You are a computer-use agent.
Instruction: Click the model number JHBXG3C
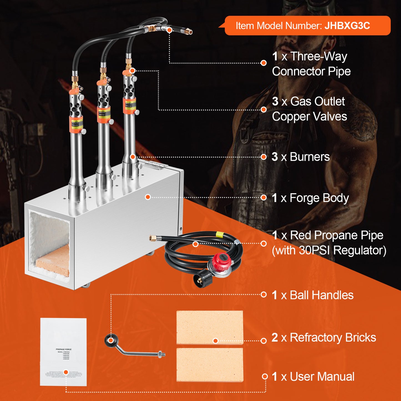pos(347,26)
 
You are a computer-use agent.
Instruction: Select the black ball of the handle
pos(110,340)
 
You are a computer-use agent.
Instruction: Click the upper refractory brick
pos(210,327)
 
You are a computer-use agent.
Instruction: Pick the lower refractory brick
pos(210,365)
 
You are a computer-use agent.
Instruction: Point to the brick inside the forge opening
pos(53,261)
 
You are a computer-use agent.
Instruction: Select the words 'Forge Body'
pos(319,198)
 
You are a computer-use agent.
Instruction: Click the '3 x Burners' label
pos(301,157)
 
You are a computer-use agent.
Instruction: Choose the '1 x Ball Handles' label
pos(312,295)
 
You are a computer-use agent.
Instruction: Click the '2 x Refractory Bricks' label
pos(324,338)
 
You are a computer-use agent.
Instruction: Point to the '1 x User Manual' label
pos(313,377)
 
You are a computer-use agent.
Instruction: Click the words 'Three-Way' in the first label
pos(319,57)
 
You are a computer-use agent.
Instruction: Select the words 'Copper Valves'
pos(309,117)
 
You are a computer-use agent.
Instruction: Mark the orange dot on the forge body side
pos(148,197)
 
